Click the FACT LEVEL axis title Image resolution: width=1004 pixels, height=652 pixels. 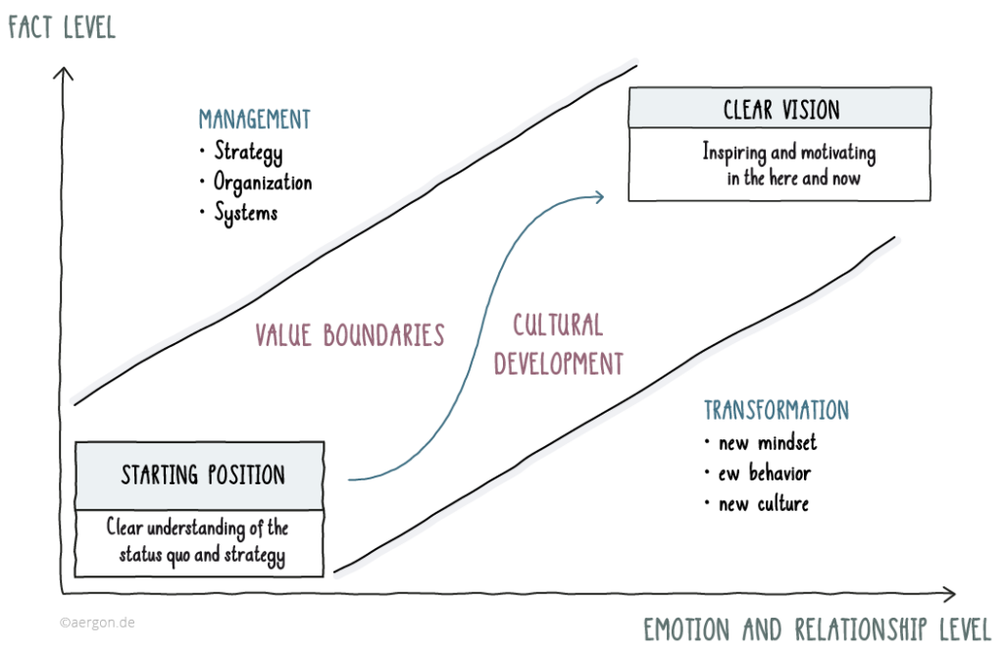coord(62,26)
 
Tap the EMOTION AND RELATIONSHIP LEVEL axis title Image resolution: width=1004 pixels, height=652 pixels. coord(818,628)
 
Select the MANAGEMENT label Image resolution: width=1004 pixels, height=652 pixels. coord(254,120)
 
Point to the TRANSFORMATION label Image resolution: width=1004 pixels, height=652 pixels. coord(776,410)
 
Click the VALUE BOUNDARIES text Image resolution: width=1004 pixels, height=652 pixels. coord(350,334)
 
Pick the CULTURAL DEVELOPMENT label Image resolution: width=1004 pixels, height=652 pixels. coord(559,344)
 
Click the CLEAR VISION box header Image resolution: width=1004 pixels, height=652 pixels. coord(780,109)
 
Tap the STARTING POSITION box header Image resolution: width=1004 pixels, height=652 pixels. coord(202,476)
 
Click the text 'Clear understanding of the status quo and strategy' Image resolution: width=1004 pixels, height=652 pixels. coord(199,541)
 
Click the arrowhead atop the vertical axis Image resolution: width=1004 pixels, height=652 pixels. coord(65,74)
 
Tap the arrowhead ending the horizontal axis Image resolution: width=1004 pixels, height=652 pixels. coord(948,593)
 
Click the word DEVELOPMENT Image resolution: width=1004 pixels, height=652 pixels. coord(559,364)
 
